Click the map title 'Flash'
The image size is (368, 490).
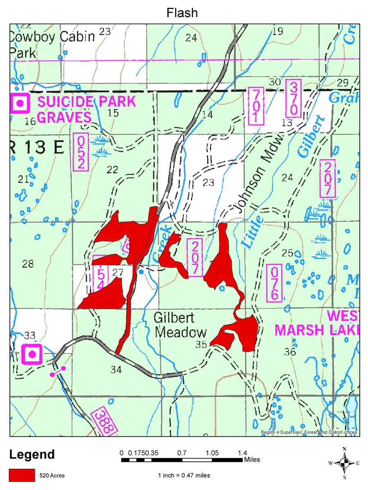tap(182, 13)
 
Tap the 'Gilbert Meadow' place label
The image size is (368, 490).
tap(180, 325)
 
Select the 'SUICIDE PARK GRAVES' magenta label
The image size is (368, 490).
tap(86, 109)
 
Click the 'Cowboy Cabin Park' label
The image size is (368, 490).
tap(51, 44)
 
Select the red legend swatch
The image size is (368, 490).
tap(22, 475)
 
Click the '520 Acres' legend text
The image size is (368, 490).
tap(52, 475)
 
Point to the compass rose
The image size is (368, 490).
tap(344, 463)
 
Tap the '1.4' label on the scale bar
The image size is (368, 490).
tap(242, 452)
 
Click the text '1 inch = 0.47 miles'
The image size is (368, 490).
tap(184, 475)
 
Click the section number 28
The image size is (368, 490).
tap(28, 264)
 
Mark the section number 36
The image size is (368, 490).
tap(289, 352)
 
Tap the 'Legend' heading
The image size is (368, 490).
tap(32, 454)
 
